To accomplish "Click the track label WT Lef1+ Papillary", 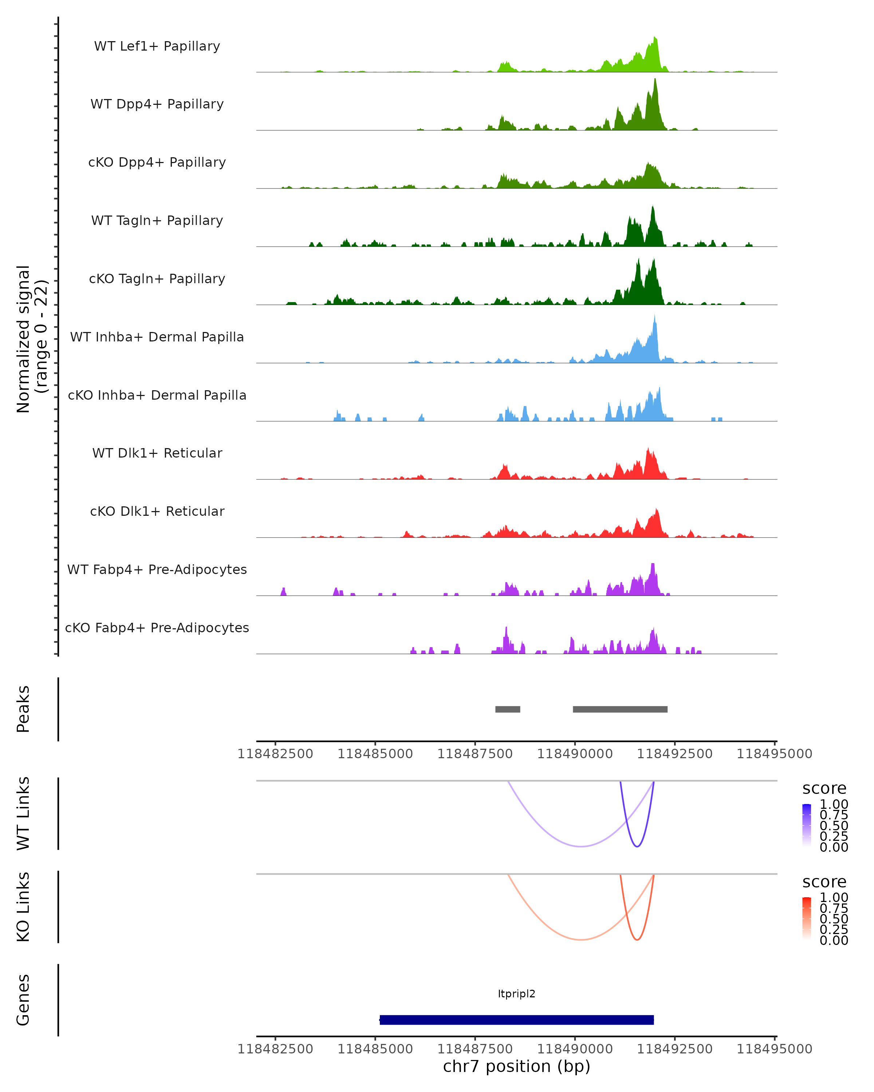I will (x=157, y=46).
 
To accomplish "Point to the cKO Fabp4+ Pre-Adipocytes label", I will (x=157, y=628).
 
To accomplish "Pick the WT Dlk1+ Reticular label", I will (x=157, y=453).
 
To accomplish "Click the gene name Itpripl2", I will (x=516, y=994).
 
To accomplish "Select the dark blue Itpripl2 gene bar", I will (x=516, y=1020).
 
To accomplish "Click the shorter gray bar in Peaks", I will (x=508, y=709).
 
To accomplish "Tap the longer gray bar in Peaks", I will (x=620, y=709).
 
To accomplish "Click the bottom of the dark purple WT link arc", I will (x=637, y=846).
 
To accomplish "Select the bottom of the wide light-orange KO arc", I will (x=581, y=939).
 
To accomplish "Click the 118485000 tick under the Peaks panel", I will (x=375, y=754).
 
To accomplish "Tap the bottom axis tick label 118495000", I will (x=774, y=1049).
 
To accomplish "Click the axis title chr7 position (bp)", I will (x=516, y=1066).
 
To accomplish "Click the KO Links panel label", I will (x=23, y=907).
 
